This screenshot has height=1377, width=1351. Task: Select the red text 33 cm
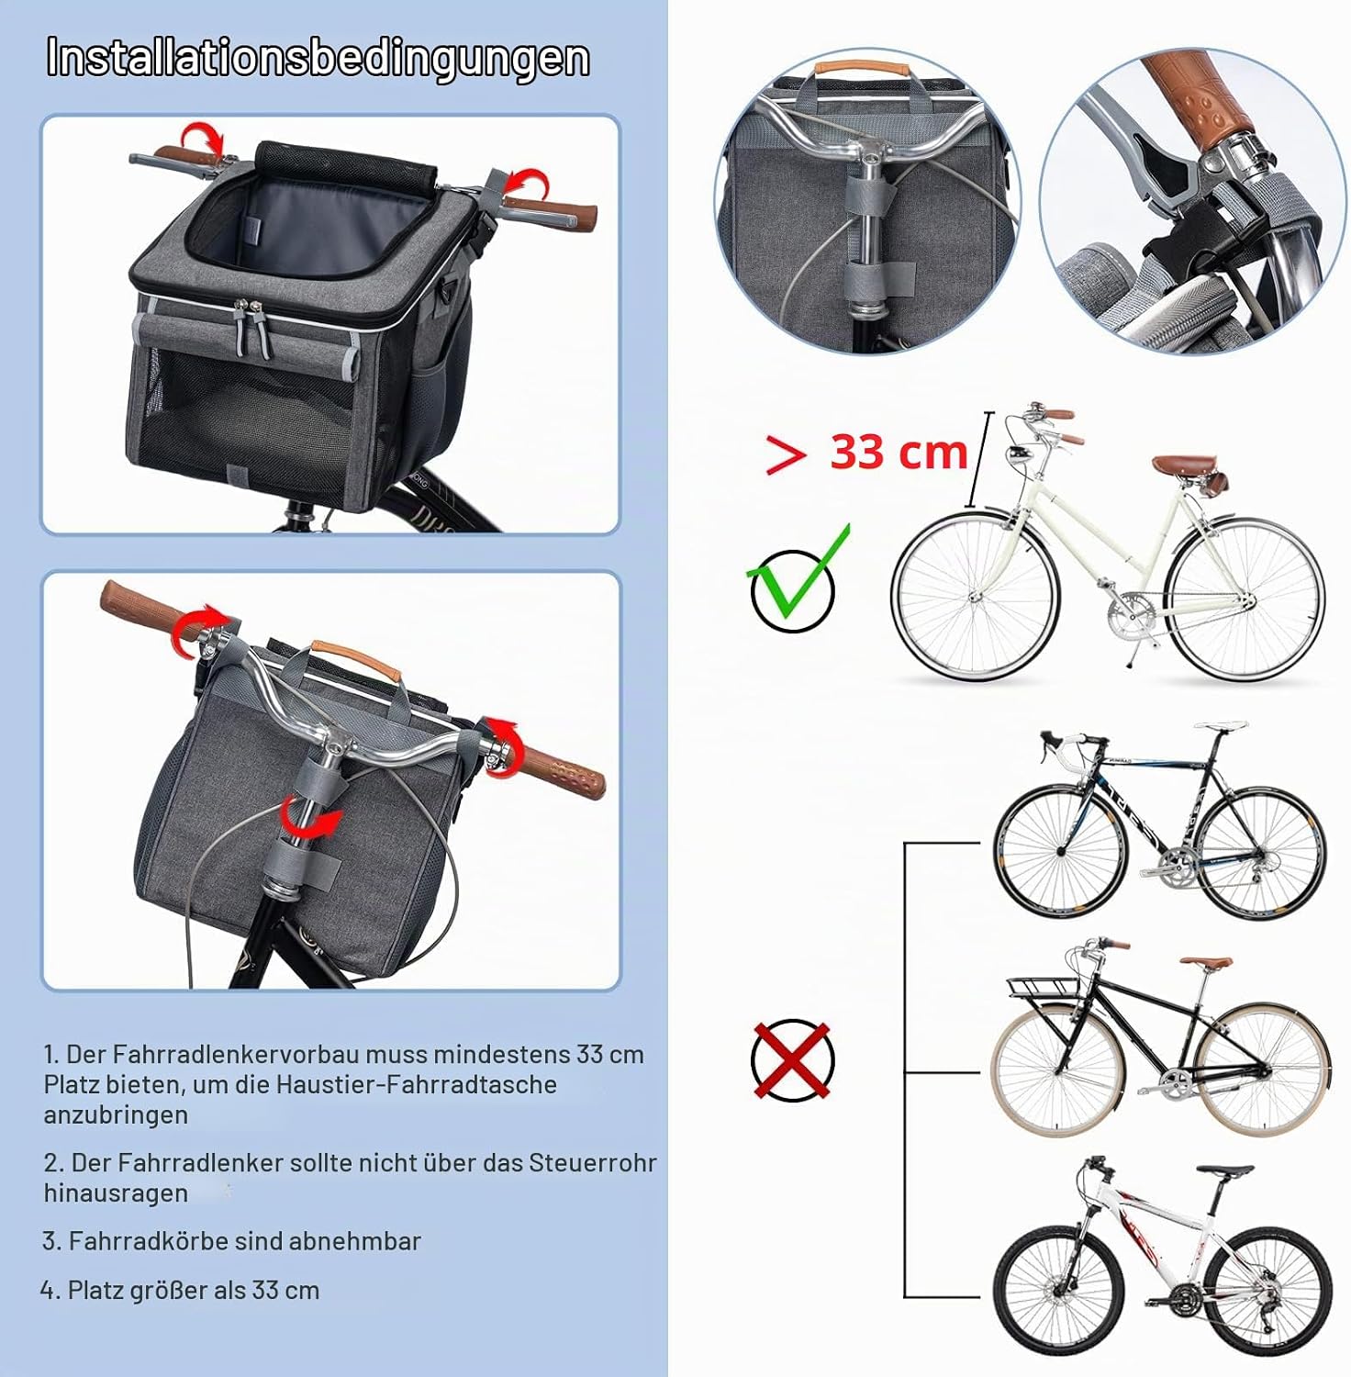pyautogui.click(x=899, y=452)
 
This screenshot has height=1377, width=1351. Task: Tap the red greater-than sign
pyautogui.click(x=786, y=453)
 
